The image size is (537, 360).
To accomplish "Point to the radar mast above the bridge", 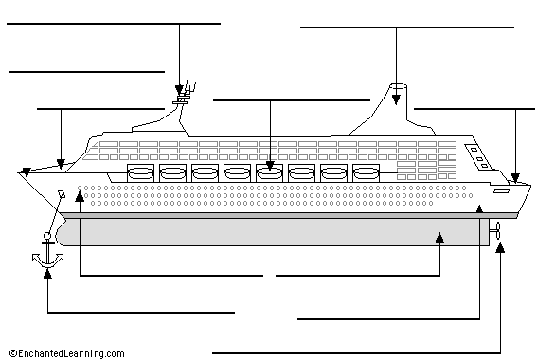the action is coord(182,95).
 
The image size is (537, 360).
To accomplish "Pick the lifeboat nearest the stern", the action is coord(365,172).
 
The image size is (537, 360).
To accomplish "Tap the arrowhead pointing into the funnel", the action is coord(396,99).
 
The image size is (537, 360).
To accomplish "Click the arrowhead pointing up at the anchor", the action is coord(47,279).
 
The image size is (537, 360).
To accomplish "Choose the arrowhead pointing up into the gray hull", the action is coord(439,237).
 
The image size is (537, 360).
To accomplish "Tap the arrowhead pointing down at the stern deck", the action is coord(516,176).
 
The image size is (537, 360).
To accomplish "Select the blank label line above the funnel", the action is coord(409,28).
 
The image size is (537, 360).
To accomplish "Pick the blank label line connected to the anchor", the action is coord(140,311).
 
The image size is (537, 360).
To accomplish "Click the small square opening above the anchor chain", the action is coord(61,193).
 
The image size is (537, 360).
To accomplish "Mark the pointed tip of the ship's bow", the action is coord(19,174).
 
